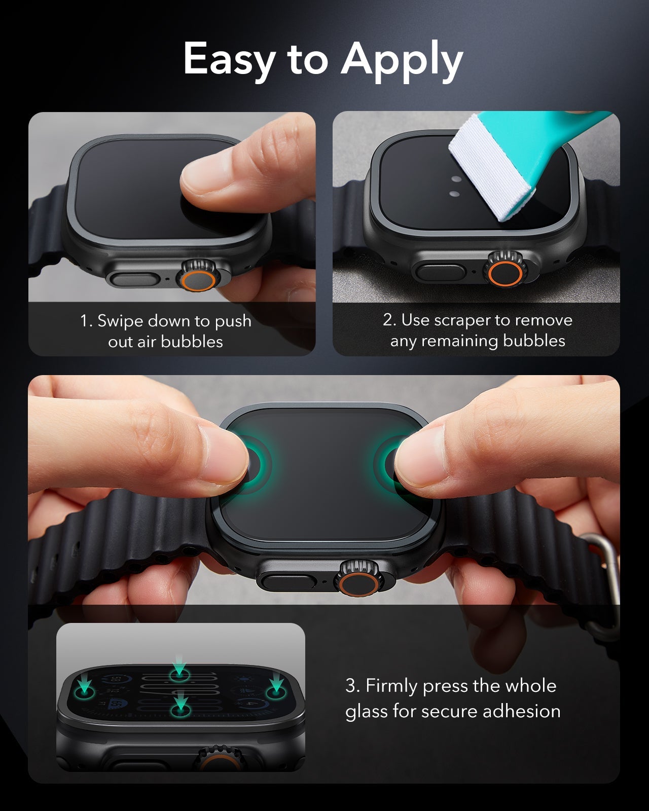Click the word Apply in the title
pyautogui.click(x=402, y=61)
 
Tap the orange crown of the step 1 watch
pyautogui.click(x=198, y=280)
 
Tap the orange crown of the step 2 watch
pyautogui.click(x=505, y=273)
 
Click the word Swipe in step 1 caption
pyautogui.click(x=120, y=321)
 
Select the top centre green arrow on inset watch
pyautogui.click(x=179, y=665)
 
